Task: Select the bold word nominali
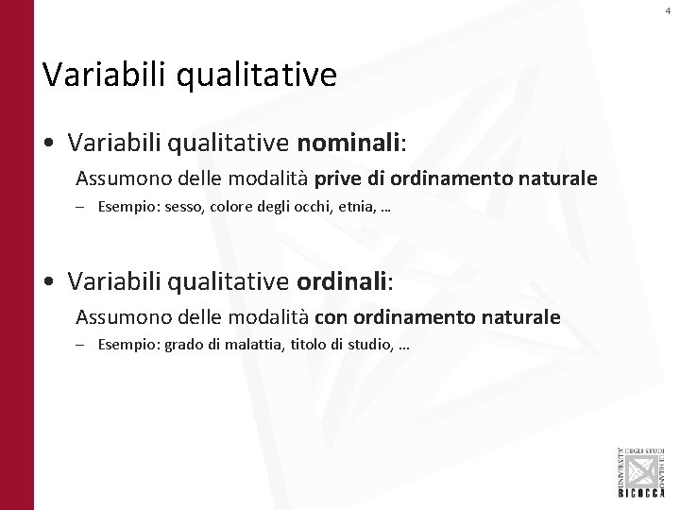pyautogui.click(x=348, y=142)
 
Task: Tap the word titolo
pyautogui.click(x=306, y=347)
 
